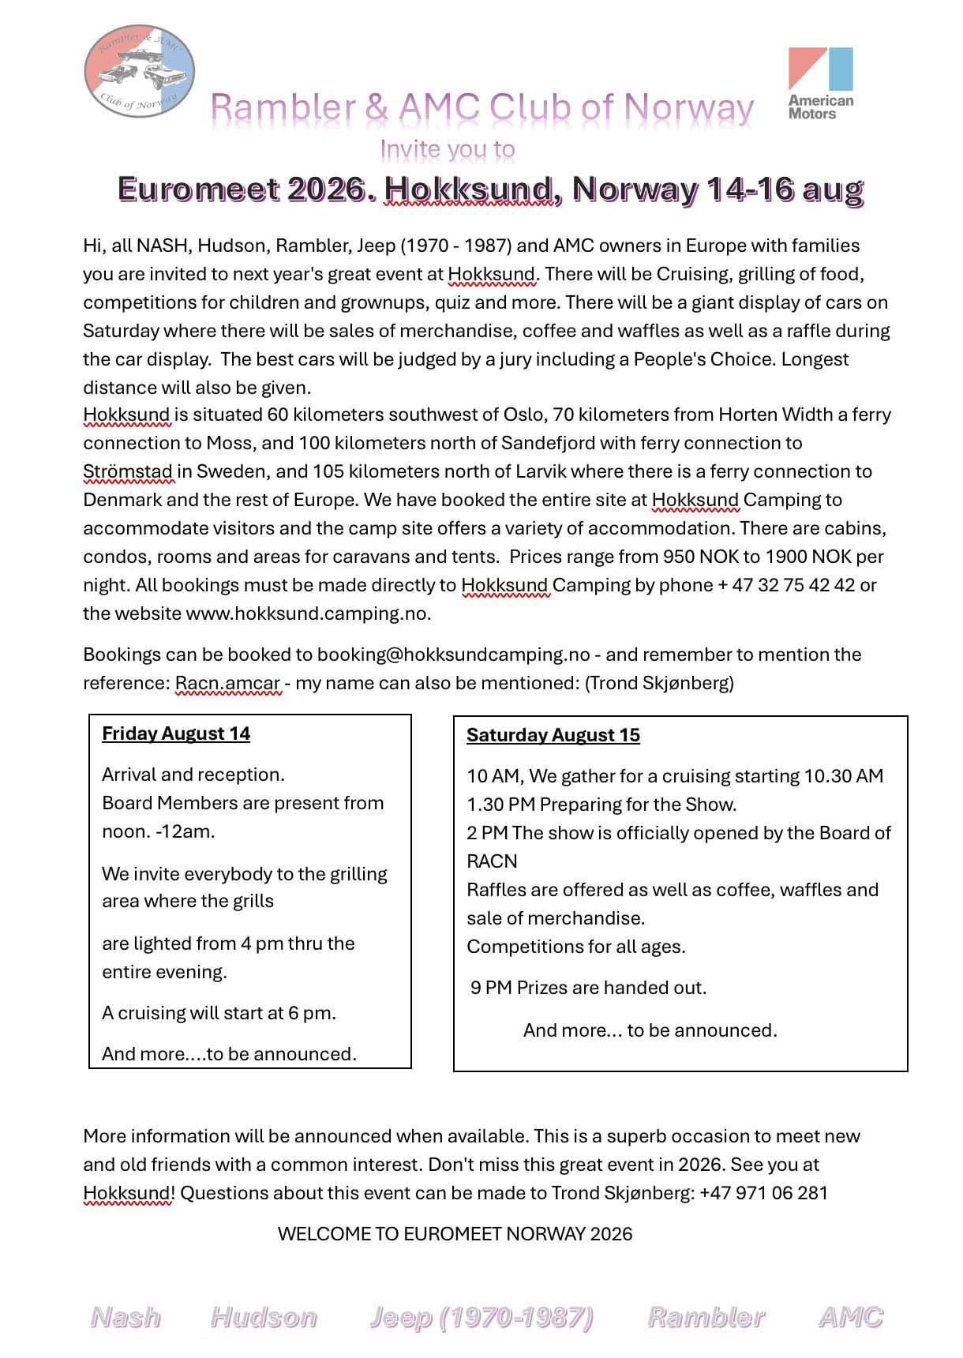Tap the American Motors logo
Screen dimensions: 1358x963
(821, 82)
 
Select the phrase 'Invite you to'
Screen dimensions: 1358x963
(447, 148)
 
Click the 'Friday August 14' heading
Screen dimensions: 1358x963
(176, 733)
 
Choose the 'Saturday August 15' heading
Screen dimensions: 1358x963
(553, 735)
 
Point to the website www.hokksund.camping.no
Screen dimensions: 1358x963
(308, 613)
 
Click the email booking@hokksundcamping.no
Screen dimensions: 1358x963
(453, 655)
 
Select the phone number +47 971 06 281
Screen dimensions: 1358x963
(763, 1193)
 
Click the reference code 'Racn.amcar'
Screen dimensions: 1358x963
(227, 683)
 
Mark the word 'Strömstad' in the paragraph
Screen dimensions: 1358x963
(127, 471)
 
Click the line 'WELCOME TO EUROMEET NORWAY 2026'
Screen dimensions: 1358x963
(455, 1234)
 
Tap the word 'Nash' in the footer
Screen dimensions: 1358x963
(126, 1317)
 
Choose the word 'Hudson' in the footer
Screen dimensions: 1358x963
(264, 1317)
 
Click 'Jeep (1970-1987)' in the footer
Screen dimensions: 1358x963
(481, 1317)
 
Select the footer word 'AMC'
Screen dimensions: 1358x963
(851, 1317)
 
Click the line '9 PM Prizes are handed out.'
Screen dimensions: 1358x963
(588, 988)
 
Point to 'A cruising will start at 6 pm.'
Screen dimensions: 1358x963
(219, 1013)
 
